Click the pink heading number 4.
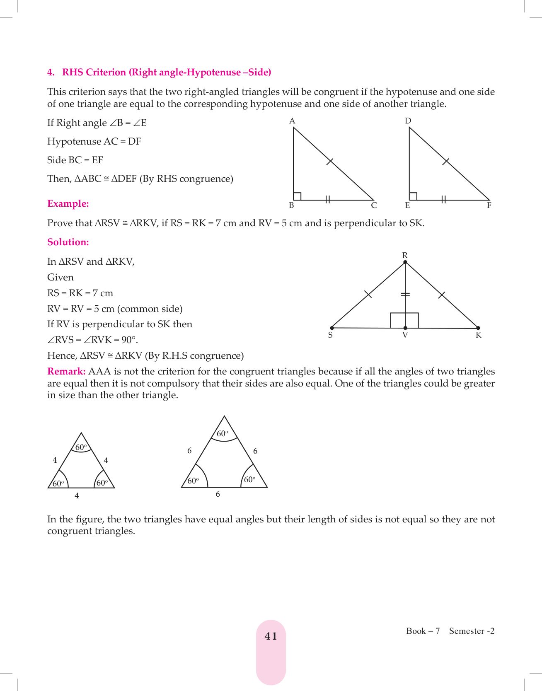point(50,72)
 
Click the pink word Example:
point(68,204)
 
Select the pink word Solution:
point(68,242)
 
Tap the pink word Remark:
point(66,372)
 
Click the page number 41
point(271,636)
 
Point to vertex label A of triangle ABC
point(292,121)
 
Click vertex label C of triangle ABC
point(374,205)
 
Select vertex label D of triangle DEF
point(408,121)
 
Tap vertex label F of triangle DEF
point(489,205)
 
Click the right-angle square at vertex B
point(297,196)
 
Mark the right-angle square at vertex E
point(413,196)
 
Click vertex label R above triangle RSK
point(405,255)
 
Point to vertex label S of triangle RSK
point(330,335)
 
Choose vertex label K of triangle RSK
point(479,335)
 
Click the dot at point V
point(405,328)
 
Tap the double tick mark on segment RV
point(405,295)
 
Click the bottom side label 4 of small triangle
point(77,496)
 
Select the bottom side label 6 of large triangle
point(218,494)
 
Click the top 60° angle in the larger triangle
point(223,434)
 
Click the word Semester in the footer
point(467,631)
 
